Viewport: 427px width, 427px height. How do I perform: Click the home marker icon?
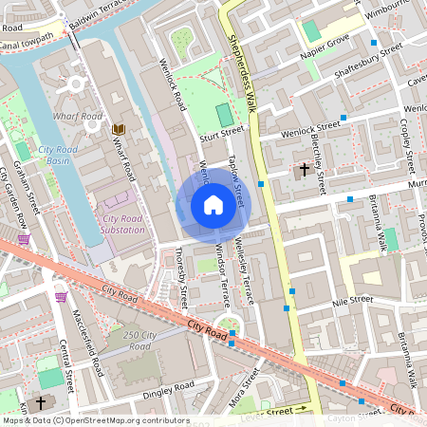pos(213,205)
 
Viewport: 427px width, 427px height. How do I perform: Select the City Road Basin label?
pos(59,156)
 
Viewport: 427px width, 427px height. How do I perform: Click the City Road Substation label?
pos(122,224)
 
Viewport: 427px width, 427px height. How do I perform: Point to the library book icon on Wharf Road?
pos(119,129)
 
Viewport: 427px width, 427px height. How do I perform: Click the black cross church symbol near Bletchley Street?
pos(305,171)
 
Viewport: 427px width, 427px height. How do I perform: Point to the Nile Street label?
pos(352,300)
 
